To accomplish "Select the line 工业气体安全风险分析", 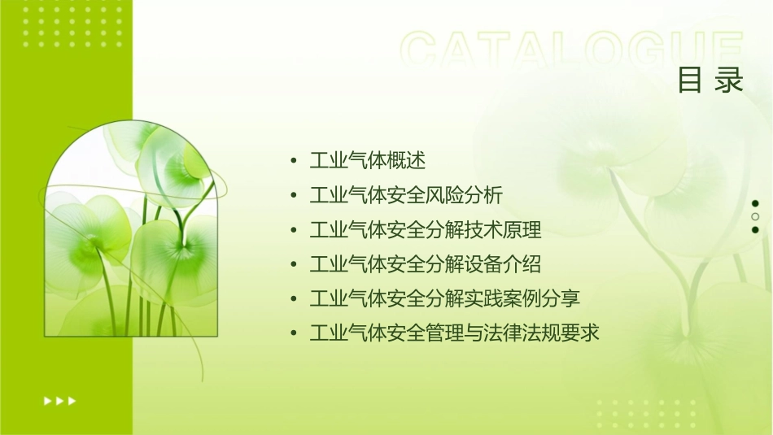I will point(406,196).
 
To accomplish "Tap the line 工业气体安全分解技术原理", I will point(426,230).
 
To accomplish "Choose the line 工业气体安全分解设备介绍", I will point(426,264).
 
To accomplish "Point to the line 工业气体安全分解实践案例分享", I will point(445,298).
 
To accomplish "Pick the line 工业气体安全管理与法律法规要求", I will point(455,333).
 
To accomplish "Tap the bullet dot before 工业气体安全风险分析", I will point(294,196).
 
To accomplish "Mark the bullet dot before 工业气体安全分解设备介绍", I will point(294,264).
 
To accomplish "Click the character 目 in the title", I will point(690,80).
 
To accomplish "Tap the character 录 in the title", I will point(730,80).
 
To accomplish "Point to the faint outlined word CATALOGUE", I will point(572,51).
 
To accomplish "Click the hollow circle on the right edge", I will point(755,216).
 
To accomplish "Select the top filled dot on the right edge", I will point(755,203).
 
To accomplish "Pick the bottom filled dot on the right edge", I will point(755,230).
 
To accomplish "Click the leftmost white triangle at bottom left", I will point(48,400).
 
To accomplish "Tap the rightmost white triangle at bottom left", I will point(72,400).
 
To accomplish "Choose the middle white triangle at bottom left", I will point(60,400).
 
